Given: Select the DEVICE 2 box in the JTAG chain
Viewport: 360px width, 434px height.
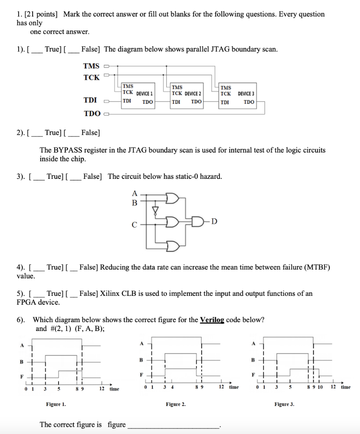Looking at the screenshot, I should coord(187,94).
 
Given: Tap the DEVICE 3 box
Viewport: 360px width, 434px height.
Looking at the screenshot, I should coord(238,94).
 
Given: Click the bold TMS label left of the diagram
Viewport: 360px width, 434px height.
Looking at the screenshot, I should coord(91,66).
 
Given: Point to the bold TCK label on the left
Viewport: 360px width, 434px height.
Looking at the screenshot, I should coord(91,77).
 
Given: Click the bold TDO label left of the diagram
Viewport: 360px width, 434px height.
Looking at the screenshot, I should coord(92,113).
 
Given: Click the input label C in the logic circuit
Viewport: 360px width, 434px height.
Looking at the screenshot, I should coord(134,225).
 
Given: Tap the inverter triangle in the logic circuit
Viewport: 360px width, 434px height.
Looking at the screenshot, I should coord(155,210).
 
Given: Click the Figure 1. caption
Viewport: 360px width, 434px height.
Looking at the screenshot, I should coord(56,404).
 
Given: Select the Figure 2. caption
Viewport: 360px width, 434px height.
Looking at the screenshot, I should coord(176,404).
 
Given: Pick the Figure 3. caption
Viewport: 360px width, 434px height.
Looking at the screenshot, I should coord(284,404).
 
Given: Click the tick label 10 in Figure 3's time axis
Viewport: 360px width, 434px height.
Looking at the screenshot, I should coord(320,387).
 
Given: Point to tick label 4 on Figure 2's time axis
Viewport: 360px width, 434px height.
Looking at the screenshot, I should coord(172,387).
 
